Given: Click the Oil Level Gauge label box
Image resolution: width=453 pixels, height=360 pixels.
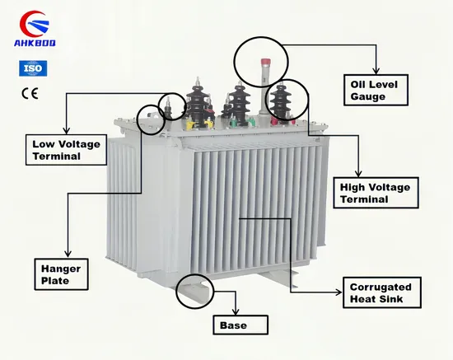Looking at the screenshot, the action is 376,90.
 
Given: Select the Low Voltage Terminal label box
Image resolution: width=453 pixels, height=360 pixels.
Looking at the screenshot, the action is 66,150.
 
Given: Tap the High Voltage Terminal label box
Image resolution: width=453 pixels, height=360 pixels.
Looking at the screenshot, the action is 376,193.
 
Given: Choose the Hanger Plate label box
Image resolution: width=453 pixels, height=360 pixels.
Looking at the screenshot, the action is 61,274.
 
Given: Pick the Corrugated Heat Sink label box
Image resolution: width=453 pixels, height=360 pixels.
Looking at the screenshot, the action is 382,292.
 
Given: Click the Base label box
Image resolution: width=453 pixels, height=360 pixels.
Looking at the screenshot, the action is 241,325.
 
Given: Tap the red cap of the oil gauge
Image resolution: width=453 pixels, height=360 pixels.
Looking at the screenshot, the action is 265,62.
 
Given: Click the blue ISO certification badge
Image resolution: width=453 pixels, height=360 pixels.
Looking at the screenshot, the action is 33,68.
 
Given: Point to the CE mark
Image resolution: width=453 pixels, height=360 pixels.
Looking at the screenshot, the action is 30,93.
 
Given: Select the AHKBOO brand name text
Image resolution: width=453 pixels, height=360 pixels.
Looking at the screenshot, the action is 35,43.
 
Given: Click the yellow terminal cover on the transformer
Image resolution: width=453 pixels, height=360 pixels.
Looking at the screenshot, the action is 191,124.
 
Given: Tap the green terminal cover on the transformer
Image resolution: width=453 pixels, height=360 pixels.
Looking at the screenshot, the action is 234,123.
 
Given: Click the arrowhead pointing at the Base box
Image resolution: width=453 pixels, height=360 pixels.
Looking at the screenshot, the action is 236,312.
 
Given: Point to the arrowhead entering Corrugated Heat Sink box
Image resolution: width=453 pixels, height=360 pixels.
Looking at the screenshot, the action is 339,292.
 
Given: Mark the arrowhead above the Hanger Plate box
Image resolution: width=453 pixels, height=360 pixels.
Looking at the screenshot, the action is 68,255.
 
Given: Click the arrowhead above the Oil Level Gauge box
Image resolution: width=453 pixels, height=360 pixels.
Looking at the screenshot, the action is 376,71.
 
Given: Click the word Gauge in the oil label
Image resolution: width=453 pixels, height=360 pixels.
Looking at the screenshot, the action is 368,96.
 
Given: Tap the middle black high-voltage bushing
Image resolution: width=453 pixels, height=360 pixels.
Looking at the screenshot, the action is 239,104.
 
